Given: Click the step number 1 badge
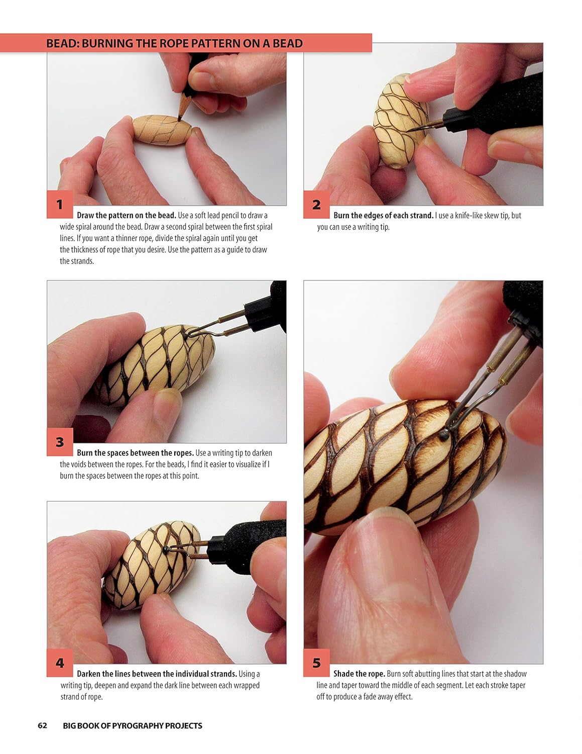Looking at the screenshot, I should coord(60,205).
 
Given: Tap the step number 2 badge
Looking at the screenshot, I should coord(316,205).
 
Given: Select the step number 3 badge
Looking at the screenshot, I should coord(60,442).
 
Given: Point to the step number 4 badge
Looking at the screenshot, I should coord(60,663).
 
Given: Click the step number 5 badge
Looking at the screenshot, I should coord(316,663).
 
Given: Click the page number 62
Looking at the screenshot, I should coord(42,725).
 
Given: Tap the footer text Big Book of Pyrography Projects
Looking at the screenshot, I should coord(132,725).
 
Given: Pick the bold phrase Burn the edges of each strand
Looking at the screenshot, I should coord(383,215).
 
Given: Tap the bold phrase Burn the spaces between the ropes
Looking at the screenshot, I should coord(135,452).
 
